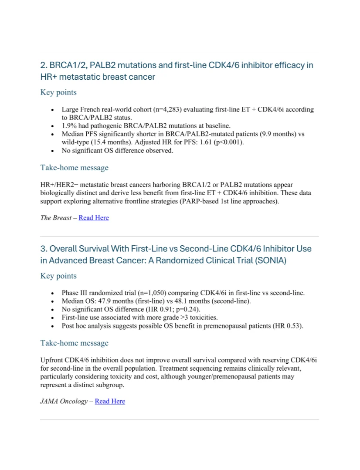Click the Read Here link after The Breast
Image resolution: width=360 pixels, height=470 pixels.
94,218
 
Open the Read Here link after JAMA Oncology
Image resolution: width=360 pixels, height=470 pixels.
110,401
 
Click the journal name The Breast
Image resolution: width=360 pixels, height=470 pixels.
56,218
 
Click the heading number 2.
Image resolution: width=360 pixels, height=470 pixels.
44,65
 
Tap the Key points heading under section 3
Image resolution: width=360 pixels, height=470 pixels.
58,276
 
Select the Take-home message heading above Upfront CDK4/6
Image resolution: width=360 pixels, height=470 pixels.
75,343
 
